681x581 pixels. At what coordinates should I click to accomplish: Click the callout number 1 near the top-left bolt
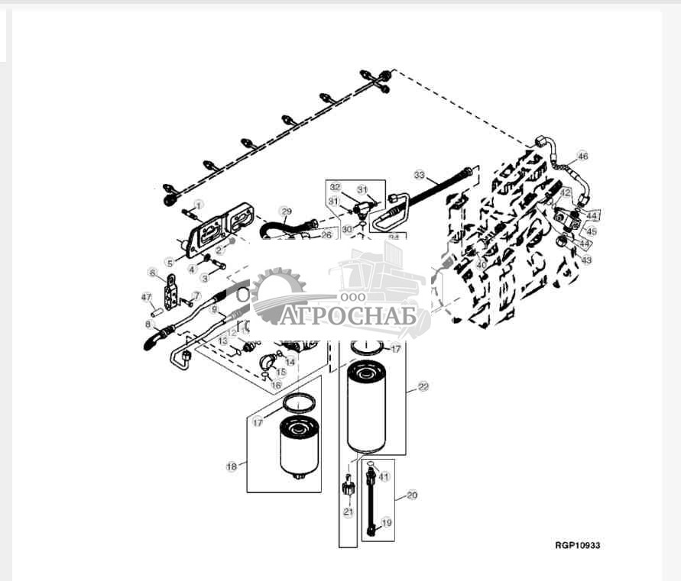(x=199, y=205)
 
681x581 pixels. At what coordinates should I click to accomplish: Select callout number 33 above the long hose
(x=418, y=174)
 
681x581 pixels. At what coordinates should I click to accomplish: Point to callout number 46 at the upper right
(x=582, y=157)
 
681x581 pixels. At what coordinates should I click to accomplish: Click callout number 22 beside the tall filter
(x=423, y=387)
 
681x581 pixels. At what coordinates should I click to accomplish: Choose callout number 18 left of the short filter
(x=230, y=466)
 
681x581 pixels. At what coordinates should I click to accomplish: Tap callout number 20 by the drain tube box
(x=412, y=495)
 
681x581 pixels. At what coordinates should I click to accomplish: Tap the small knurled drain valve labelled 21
(x=349, y=486)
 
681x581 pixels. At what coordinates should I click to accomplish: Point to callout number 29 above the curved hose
(x=286, y=211)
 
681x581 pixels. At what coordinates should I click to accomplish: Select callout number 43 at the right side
(x=586, y=260)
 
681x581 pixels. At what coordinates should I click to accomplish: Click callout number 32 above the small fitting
(x=335, y=186)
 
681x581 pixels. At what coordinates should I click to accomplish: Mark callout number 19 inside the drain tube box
(x=387, y=523)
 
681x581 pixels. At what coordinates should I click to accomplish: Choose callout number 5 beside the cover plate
(x=169, y=263)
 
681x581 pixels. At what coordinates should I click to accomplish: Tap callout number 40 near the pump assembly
(x=482, y=264)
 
